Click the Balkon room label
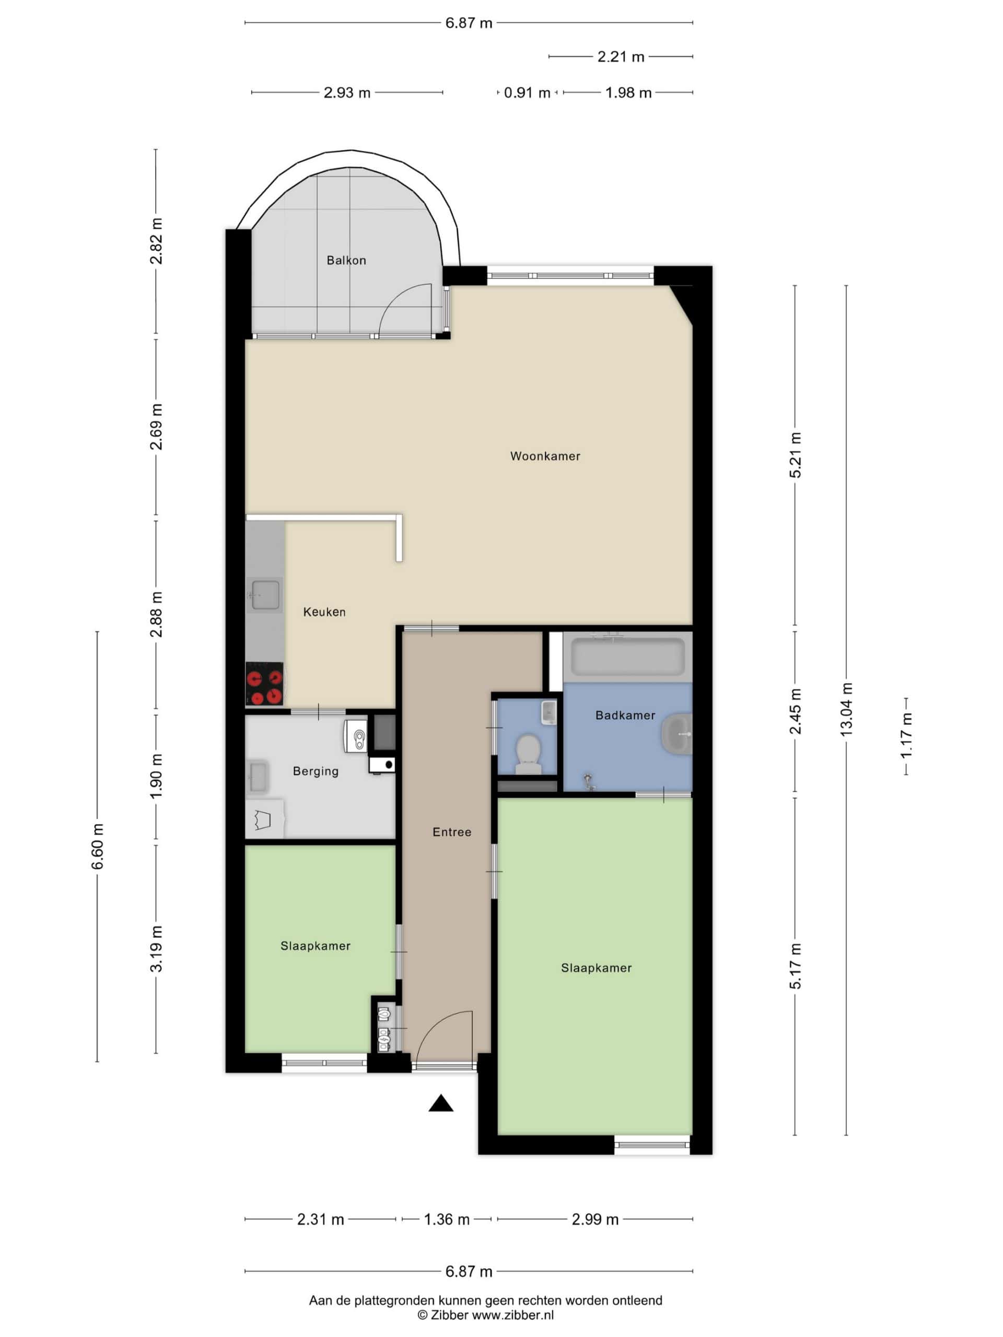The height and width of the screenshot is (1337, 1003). [x=346, y=261]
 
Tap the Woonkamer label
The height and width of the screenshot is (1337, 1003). [x=545, y=456]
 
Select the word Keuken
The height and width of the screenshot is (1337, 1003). [x=324, y=612]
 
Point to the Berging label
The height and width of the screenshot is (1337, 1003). [x=315, y=771]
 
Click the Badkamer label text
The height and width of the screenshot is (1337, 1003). [x=625, y=715]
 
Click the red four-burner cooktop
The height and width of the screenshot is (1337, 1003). [x=264, y=684]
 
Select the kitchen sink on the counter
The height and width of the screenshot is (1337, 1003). [x=265, y=595]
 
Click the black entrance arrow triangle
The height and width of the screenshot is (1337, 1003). [x=441, y=1103]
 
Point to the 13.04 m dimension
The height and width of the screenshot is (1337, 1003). [x=846, y=710]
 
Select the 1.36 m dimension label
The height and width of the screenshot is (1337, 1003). [x=446, y=1219]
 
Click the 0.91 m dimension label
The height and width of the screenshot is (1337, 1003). [x=527, y=92]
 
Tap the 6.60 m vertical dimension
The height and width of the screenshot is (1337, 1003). [x=97, y=846]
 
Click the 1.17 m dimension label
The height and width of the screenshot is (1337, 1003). [x=906, y=735]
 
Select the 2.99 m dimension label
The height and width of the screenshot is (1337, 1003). [x=595, y=1219]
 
